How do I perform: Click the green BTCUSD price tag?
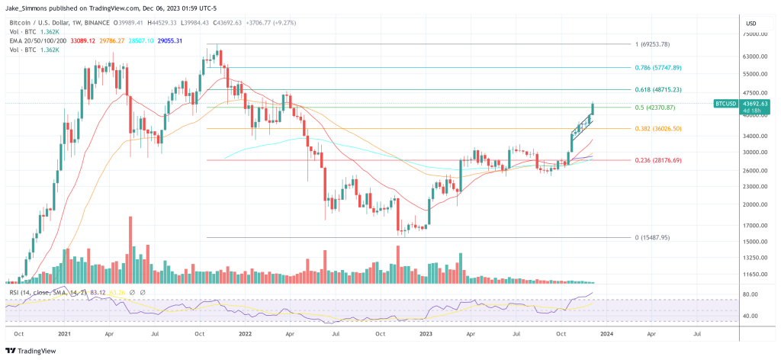coord(725,103)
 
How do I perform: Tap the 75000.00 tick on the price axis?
coord(755,34)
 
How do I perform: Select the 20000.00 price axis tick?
coord(755,204)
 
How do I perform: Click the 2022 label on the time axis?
coord(246,333)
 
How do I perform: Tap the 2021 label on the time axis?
coord(65,333)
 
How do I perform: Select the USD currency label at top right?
coord(751,24)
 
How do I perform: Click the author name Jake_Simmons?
coord(27,8)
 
